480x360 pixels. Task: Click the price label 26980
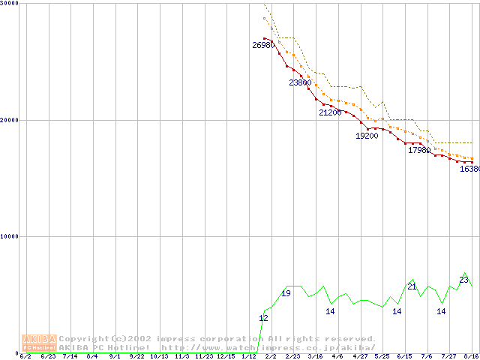click(262, 45)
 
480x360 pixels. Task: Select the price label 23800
click(300, 82)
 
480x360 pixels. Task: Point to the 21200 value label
click(330, 112)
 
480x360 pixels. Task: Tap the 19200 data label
click(367, 136)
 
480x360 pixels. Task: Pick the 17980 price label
click(419, 150)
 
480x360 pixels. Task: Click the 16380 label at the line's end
click(469, 169)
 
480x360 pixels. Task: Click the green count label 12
click(263, 318)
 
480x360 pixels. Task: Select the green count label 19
click(286, 293)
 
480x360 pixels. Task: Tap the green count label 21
click(412, 286)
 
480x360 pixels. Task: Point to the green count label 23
click(463, 280)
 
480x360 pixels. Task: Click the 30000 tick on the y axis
click(10, 3)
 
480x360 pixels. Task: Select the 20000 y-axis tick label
click(10, 120)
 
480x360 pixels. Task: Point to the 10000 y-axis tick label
click(10, 236)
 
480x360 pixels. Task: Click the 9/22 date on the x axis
click(136, 356)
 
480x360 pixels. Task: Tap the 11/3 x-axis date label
click(181, 356)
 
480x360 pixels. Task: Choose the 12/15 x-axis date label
click(226, 356)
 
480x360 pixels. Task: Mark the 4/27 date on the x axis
click(360, 356)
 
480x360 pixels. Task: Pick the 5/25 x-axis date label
click(382, 356)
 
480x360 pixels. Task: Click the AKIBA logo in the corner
click(39, 342)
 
